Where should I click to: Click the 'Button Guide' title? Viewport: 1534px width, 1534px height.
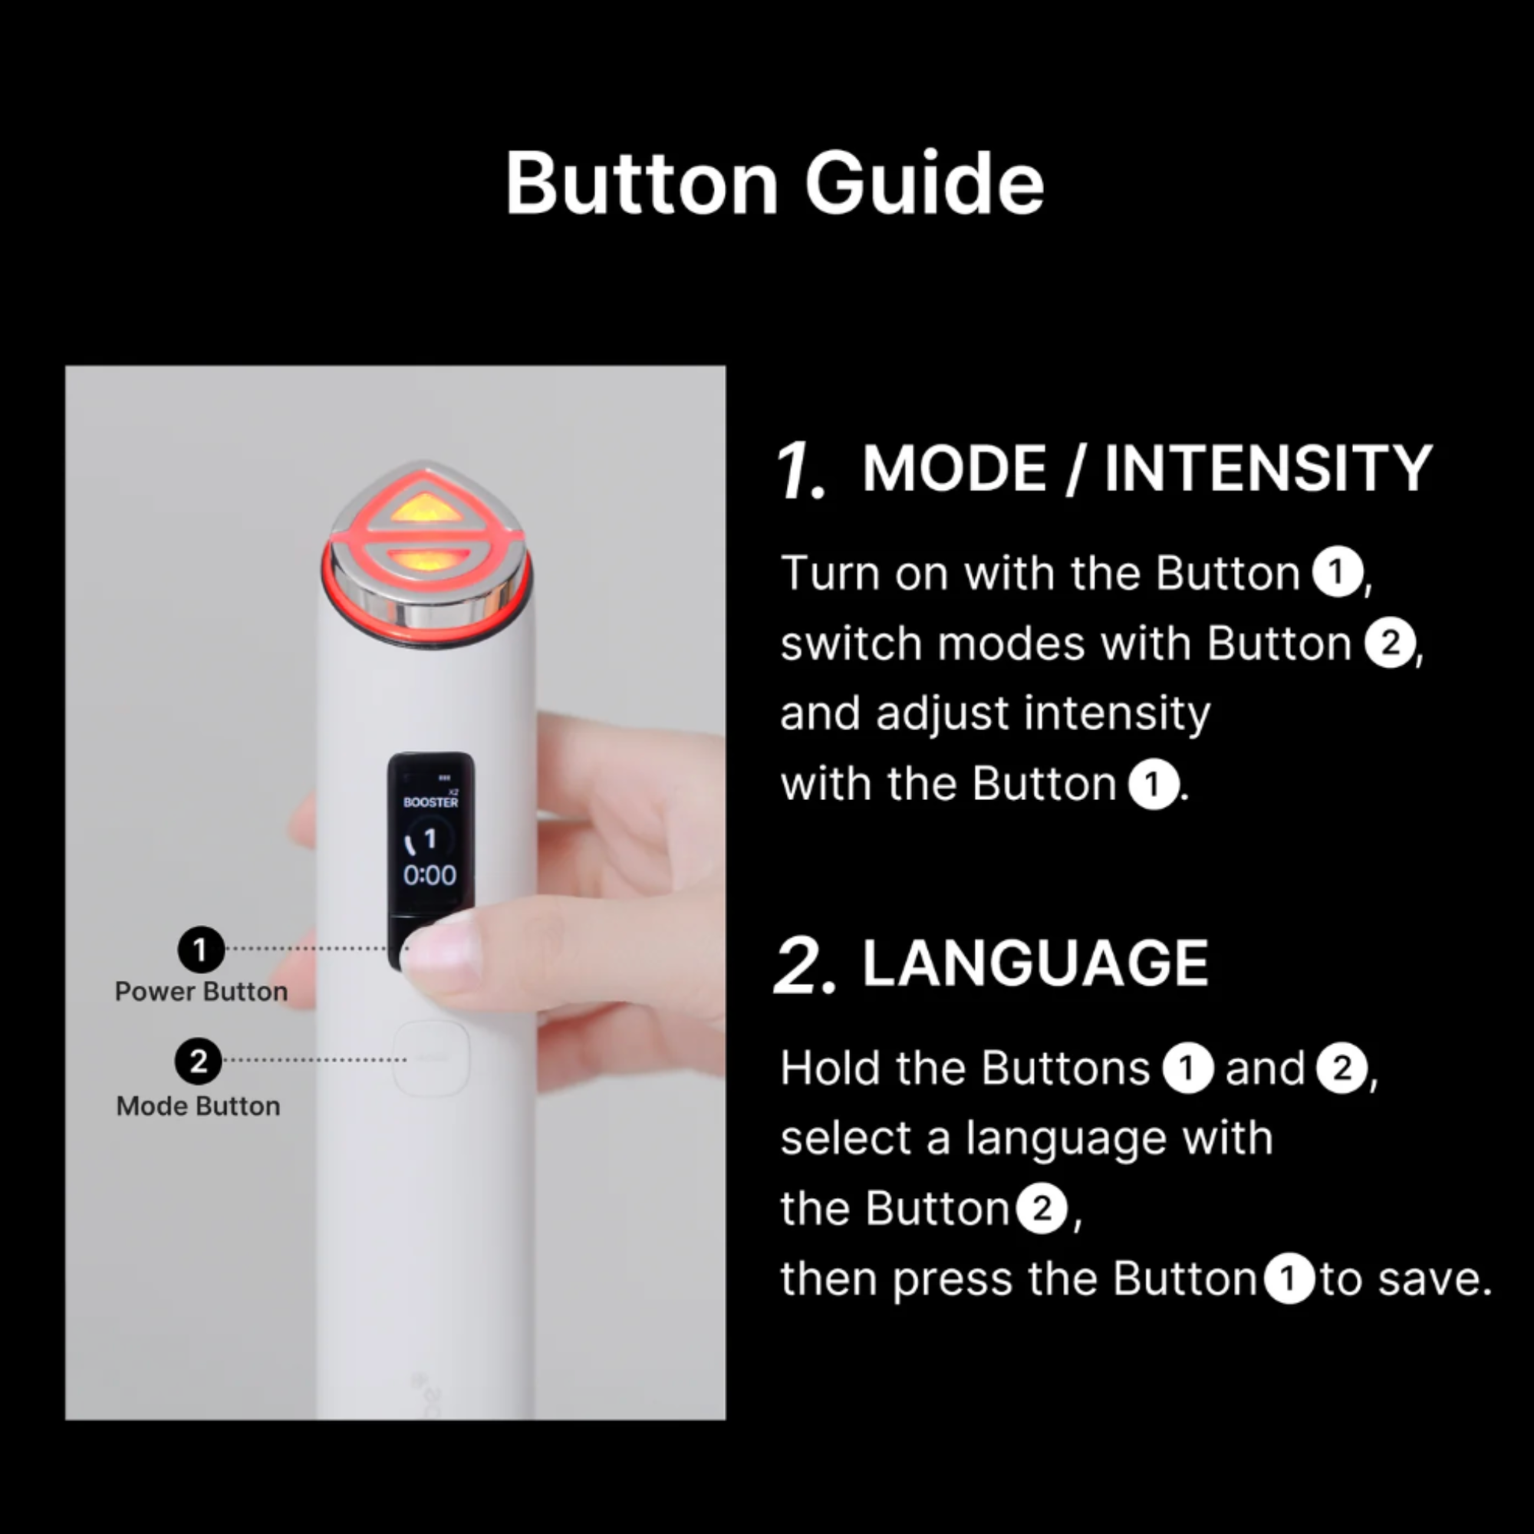point(774,183)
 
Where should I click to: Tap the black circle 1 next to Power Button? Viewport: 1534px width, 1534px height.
point(201,949)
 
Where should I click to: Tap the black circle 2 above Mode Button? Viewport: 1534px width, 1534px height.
point(199,1062)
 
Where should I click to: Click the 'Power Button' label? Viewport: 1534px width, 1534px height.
point(201,992)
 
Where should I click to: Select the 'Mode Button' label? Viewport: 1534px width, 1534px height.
point(199,1106)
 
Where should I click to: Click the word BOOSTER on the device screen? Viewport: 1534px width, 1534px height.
point(430,802)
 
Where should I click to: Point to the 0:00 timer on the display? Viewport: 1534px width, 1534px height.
point(430,875)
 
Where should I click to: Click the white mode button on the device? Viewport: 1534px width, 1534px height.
point(430,1058)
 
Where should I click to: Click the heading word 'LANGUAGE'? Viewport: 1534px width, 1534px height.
point(1035,963)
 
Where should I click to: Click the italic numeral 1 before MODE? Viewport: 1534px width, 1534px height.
point(800,471)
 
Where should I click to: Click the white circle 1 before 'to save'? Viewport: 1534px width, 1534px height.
point(1289,1279)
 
